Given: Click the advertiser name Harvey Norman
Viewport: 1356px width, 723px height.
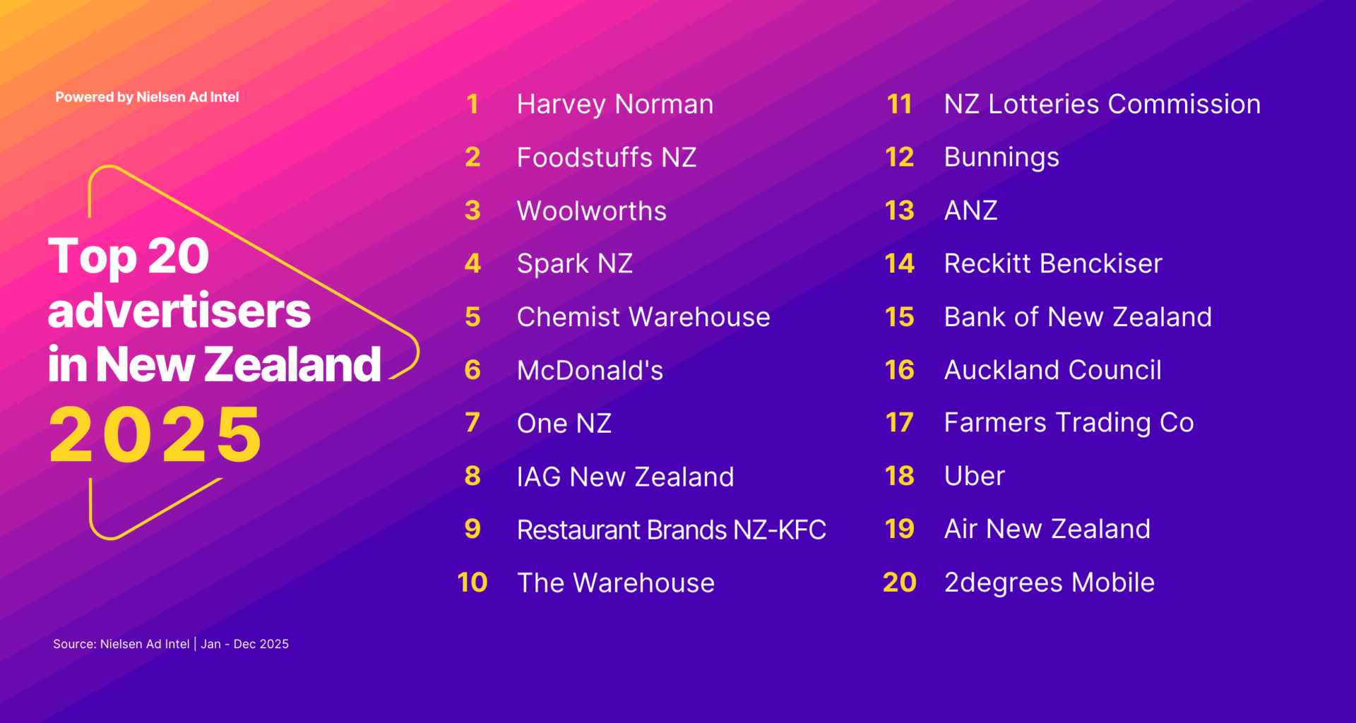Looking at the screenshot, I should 614,104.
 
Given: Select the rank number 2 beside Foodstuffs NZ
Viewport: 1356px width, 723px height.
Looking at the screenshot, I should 472,157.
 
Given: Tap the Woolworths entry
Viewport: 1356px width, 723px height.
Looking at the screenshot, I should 591,211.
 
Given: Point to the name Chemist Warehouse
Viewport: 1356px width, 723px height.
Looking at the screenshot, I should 643,317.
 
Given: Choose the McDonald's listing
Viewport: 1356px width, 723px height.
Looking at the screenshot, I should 590,371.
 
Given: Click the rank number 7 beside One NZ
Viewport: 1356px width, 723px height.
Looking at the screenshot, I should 472,423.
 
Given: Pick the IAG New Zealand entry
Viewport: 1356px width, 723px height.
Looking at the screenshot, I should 625,477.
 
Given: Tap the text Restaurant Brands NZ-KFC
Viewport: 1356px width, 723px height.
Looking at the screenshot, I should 671,530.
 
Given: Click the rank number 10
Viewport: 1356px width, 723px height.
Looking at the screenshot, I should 472,582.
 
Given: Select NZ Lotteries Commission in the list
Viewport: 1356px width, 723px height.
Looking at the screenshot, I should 1102,104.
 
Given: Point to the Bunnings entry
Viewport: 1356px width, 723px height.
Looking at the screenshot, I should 1001,157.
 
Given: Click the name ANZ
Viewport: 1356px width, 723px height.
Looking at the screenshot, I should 970,210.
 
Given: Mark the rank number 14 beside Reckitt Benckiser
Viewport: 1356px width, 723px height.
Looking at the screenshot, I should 899,264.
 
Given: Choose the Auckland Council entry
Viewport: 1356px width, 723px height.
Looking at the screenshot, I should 1052,370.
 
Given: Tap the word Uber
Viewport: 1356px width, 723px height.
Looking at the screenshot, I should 974,476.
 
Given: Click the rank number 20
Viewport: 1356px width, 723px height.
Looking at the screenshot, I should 899,582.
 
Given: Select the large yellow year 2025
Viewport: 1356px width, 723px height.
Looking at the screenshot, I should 155,435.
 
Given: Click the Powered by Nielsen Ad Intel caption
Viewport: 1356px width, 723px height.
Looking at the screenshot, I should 147,97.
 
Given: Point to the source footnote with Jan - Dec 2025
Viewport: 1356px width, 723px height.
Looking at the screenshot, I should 171,644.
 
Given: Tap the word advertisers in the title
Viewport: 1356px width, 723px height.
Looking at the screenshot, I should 179,311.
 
